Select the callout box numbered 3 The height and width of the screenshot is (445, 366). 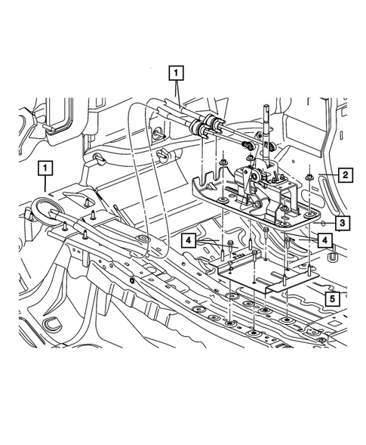point(341,223)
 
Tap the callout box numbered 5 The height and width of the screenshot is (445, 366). point(331,298)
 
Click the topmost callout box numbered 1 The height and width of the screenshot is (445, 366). point(177,73)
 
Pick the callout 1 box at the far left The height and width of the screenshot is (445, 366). point(47,167)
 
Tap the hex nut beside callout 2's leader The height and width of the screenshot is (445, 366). point(310,178)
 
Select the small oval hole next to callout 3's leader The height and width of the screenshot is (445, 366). point(322,224)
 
